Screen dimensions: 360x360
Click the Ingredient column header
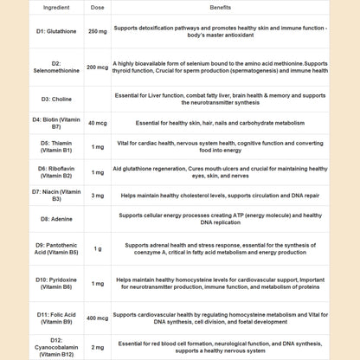pyautogui.click(x=44, y=6)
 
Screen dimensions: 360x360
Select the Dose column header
pyautogui.click(x=98, y=6)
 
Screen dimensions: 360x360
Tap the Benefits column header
pyautogui.click(x=221, y=6)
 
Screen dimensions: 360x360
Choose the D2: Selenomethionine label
pyautogui.click(x=44, y=67)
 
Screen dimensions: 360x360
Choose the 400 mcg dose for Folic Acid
pyautogui.click(x=98, y=318)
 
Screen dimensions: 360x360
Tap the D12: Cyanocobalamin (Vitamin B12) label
pyautogui.click(x=44, y=346)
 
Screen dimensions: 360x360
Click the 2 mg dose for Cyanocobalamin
pyautogui.click(x=98, y=346)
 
